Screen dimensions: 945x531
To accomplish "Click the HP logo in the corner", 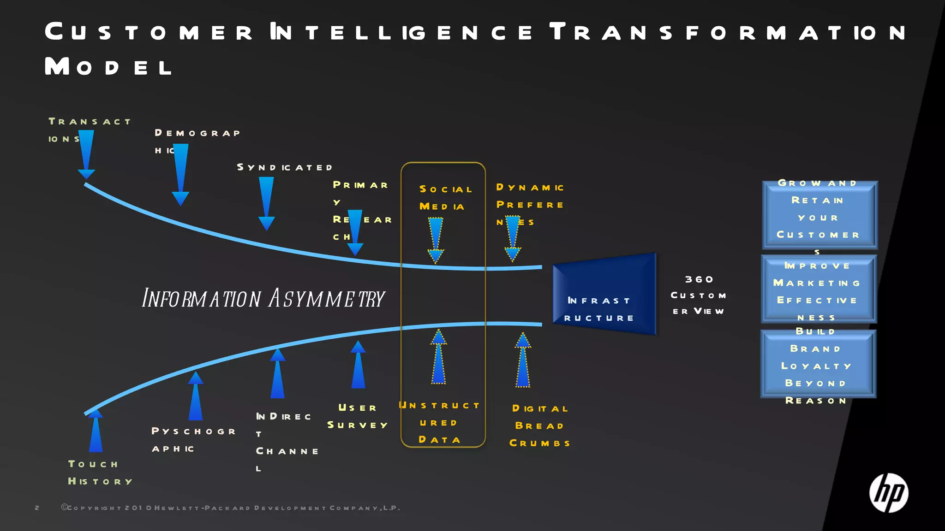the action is point(889,493).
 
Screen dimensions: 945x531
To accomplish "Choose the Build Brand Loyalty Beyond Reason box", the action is point(818,364).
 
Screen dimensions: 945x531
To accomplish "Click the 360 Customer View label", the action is point(699,295).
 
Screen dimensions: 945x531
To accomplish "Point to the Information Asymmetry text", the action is point(263,298).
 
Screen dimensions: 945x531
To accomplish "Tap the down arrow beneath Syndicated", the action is point(266,203).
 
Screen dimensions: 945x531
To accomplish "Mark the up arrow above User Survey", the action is point(358,365).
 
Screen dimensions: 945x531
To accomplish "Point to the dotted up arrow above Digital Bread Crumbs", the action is point(523,360).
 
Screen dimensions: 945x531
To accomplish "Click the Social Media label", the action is point(445,198).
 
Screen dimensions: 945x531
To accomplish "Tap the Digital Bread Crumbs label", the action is point(539,426).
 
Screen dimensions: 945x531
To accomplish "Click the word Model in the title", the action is point(109,67).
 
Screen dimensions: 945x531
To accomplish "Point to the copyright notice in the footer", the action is point(231,508).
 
